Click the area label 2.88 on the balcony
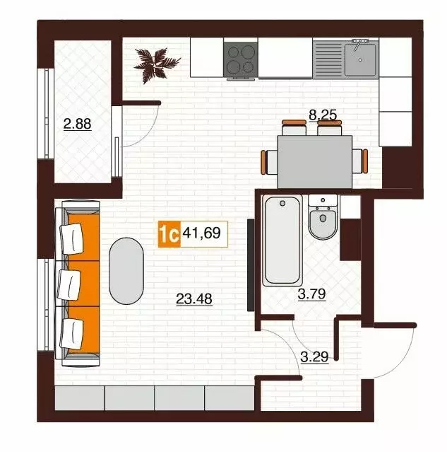coord(78,124)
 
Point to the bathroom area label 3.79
coord(311,295)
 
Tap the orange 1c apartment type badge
coord(168,233)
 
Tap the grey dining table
coord(314,161)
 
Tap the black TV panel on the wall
coord(250,270)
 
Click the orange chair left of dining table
coord(266,162)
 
